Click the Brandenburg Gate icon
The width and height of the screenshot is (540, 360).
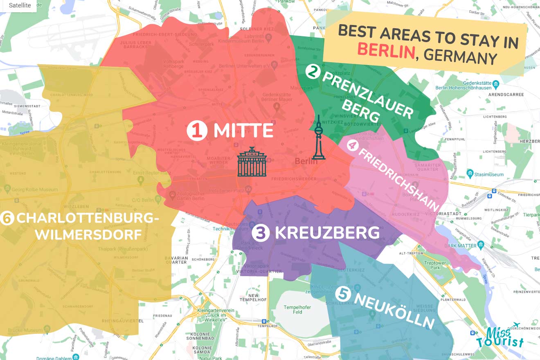252,162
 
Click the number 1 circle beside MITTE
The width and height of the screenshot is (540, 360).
196,131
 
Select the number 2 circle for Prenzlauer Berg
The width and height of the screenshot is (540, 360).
313,72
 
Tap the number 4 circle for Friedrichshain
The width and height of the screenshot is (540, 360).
352,144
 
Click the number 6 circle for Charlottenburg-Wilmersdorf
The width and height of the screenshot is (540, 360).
7,218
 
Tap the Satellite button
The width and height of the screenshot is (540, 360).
20,5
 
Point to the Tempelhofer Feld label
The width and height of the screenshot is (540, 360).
297,309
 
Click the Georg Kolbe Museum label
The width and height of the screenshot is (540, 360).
34,189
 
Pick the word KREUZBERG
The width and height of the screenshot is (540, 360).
327,233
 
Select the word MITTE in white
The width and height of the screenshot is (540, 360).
243,131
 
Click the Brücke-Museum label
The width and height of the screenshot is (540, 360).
28,330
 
